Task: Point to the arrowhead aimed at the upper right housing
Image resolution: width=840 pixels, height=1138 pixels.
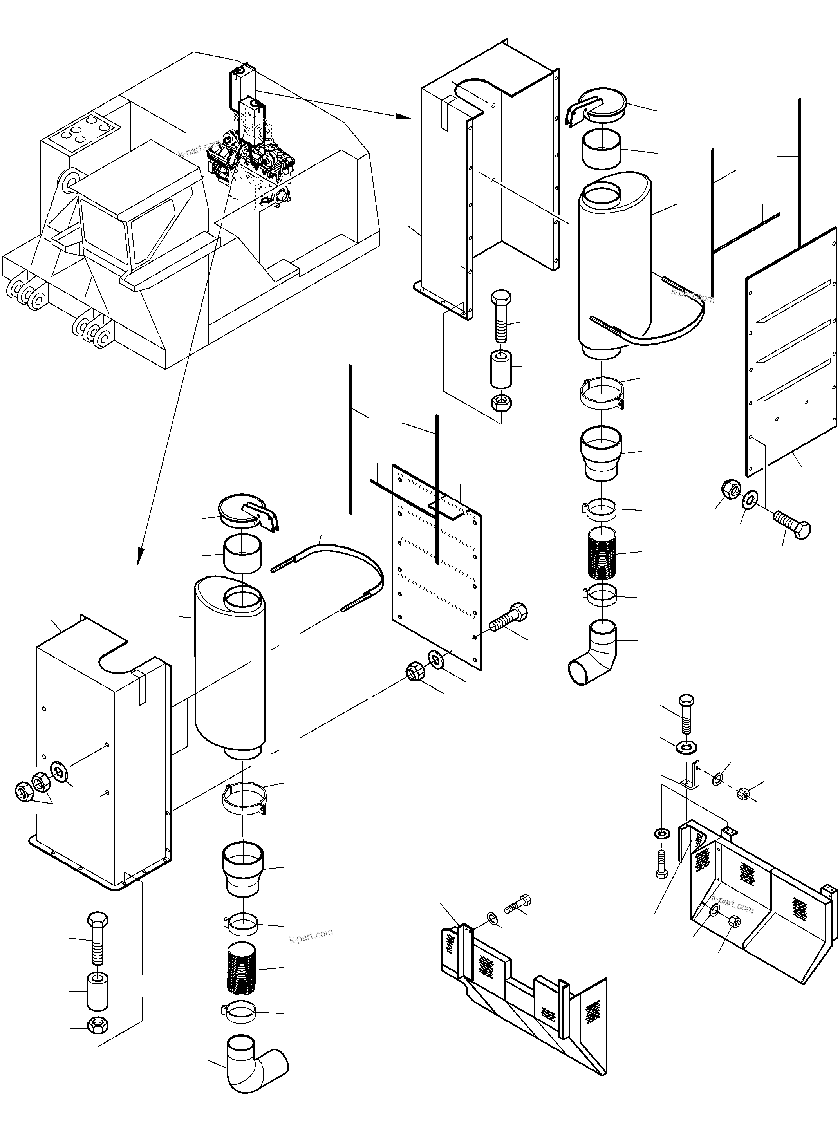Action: tap(405, 117)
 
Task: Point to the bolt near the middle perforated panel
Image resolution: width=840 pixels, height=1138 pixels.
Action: tap(508, 616)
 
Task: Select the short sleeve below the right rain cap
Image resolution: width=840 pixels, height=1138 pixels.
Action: tap(602, 148)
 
